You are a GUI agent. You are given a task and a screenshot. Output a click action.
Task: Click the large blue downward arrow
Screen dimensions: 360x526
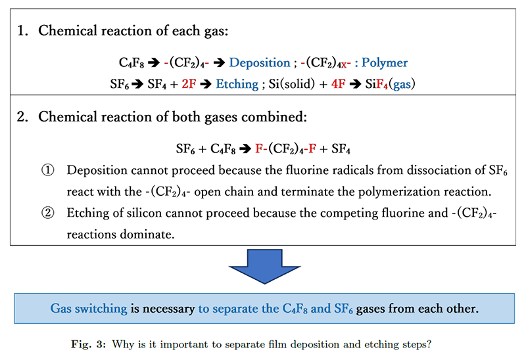262,265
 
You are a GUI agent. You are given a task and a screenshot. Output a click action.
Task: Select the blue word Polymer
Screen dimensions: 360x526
384,63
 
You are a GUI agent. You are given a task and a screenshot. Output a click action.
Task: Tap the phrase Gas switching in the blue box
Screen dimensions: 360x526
88,308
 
